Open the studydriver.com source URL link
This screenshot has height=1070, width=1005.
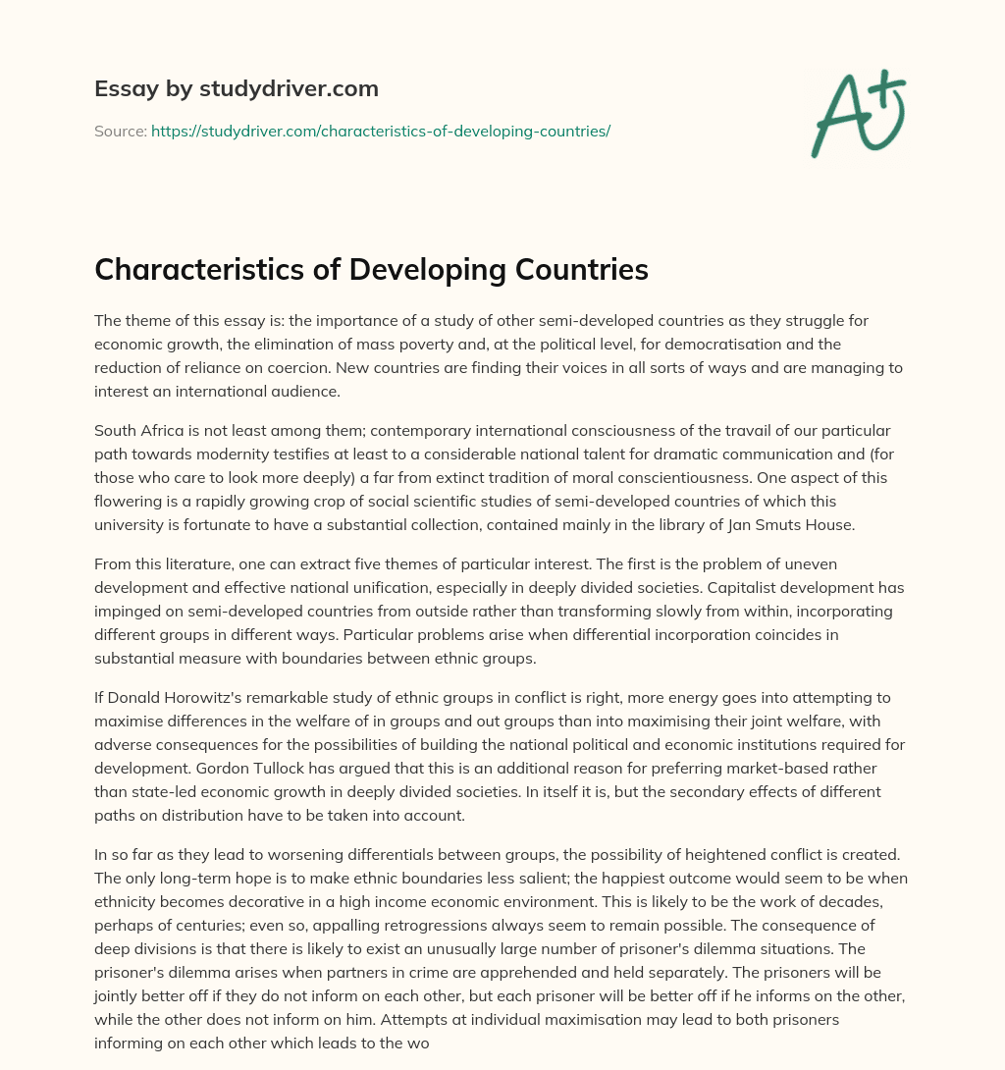[x=381, y=131]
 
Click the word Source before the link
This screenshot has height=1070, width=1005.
[x=120, y=131]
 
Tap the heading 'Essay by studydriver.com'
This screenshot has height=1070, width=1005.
[x=237, y=88]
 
